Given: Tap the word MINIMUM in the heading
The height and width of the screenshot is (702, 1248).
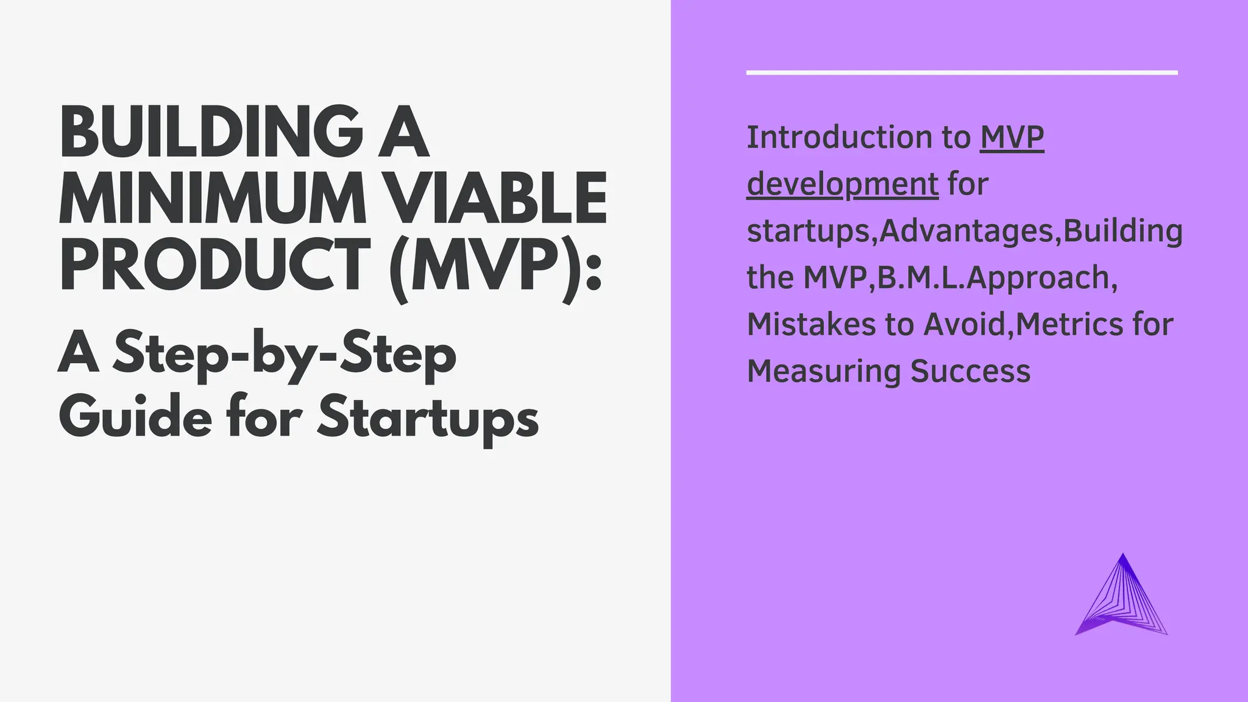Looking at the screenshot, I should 211,199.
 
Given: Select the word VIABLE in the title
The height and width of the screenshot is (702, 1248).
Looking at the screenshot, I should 497,199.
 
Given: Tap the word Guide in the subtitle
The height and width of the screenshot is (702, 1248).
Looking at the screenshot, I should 135,418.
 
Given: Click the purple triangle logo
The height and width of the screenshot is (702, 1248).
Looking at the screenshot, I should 1122,600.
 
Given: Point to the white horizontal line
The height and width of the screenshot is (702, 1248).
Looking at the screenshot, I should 962,73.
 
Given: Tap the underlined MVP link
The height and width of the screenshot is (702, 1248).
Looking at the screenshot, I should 1012,138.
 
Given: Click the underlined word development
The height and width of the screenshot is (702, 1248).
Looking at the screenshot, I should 842,185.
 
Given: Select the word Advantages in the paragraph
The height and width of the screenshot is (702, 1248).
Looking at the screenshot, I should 966,232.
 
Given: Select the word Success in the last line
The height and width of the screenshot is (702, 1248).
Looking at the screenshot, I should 970,371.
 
